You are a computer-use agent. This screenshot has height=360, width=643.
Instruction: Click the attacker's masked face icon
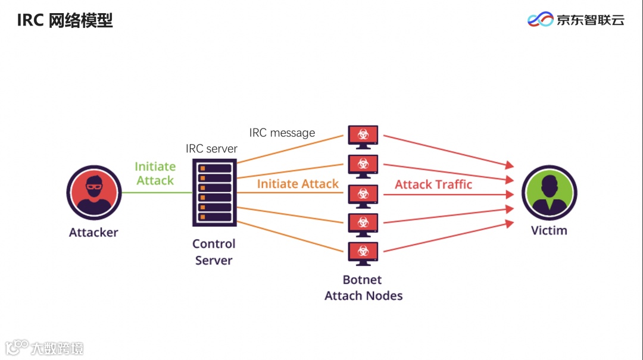(94, 193)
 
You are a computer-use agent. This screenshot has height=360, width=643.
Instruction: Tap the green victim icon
(549, 192)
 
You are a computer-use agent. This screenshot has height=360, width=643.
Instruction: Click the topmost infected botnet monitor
(363, 137)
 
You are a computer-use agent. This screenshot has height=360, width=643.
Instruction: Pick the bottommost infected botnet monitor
(363, 253)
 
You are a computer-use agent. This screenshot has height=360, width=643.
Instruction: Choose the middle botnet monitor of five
(363, 195)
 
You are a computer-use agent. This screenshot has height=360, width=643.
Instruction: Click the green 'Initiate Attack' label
(155, 173)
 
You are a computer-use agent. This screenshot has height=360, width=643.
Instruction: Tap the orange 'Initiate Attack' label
(298, 184)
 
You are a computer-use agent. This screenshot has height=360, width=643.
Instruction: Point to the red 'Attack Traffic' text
(433, 184)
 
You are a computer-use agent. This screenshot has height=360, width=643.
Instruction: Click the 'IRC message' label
(282, 133)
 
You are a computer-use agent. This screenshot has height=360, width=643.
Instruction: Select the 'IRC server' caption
(211, 149)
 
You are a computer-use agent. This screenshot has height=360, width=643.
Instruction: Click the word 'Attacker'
(93, 233)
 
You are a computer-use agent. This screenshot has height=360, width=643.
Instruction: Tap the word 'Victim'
(549, 230)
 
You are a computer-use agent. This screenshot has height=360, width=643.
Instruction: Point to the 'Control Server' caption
(214, 252)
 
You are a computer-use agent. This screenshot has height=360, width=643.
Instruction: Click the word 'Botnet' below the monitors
(363, 280)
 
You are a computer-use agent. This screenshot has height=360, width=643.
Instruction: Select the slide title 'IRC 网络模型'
(65, 21)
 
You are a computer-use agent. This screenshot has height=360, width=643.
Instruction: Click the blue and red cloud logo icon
(540, 20)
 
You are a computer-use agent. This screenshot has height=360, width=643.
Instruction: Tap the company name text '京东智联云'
(590, 20)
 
